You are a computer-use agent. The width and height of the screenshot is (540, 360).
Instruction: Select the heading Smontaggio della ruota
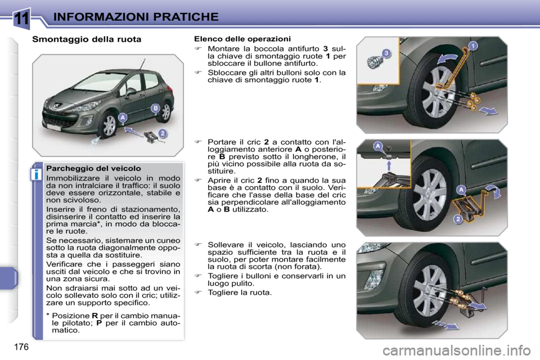tap(87, 39)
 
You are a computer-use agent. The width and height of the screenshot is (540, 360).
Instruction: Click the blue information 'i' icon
tap(35, 174)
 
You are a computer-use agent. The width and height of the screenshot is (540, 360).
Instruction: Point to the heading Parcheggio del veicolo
tap(94, 168)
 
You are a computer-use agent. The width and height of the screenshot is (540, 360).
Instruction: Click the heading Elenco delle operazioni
tap(242, 39)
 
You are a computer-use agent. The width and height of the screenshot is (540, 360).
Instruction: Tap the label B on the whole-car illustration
tap(155, 107)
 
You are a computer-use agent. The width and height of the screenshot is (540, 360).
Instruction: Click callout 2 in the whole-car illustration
tap(163, 133)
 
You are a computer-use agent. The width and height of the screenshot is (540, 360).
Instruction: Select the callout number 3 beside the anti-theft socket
tap(386, 53)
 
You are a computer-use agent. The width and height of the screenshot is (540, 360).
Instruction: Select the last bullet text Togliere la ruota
tap(239, 292)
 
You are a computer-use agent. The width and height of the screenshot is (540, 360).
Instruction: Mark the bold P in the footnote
tap(99, 323)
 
